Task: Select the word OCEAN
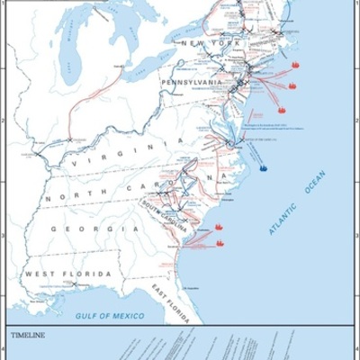click(313, 184)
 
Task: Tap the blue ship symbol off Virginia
click(263, 167)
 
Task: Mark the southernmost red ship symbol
click(219, 243)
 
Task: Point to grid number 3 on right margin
click(355, 237)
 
